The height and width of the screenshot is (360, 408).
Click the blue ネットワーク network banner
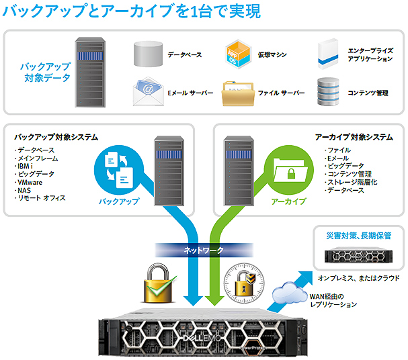coord(204,251)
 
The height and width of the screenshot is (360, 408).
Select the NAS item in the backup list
coord(24,190)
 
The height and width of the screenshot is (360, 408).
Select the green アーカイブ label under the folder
coord(288,201)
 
